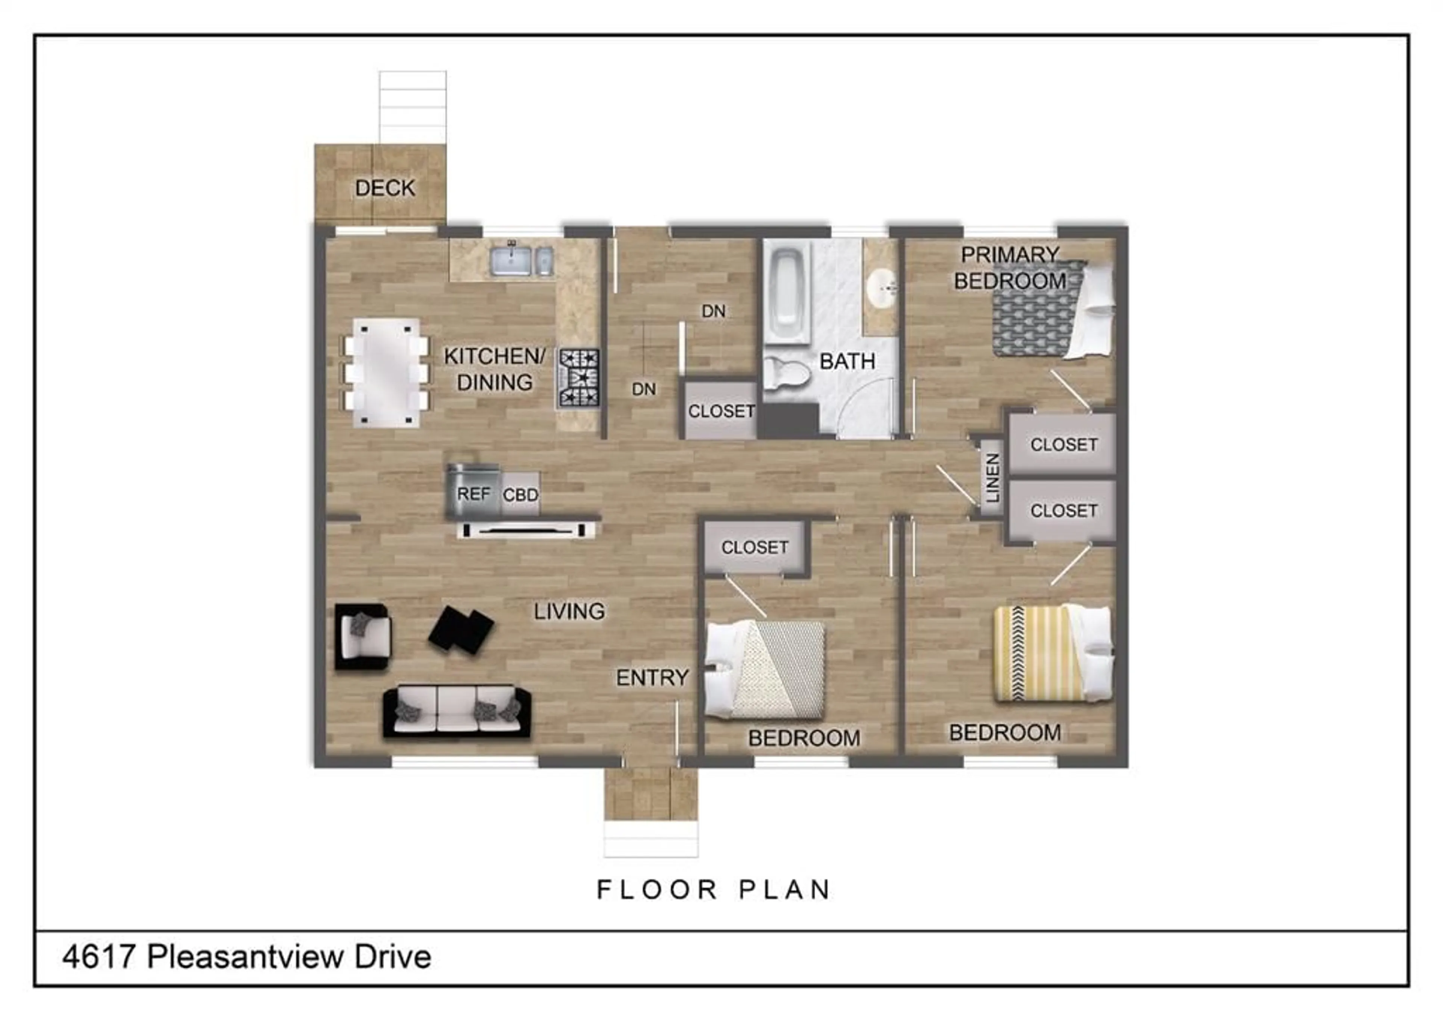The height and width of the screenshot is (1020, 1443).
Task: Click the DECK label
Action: click(385, 188)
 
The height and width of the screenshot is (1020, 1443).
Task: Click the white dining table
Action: click(386, 373)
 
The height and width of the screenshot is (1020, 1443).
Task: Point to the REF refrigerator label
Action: click(473, 494)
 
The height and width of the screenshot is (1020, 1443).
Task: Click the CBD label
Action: click(520, 495)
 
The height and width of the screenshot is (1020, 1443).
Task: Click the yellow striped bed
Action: click(1053, 653)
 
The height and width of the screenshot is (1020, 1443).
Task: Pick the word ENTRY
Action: click(652, 677)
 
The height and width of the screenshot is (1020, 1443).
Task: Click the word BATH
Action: click(847, 361)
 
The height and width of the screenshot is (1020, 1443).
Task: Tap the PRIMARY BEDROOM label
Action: click(1010, 268)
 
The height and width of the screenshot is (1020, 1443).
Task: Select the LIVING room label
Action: click(569, 611)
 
